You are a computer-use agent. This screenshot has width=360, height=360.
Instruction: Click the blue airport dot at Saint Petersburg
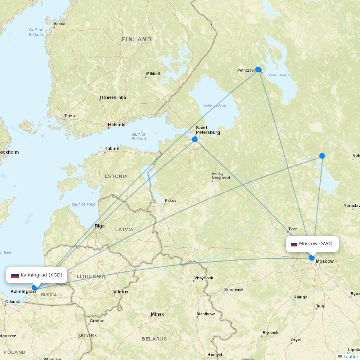pos(195,139)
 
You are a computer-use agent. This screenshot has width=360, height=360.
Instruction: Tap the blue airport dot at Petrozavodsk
pos(258,69)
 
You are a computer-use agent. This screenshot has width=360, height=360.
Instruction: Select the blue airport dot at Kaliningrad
pos(35,288)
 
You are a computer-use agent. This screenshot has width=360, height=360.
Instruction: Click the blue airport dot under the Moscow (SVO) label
pos(312,258)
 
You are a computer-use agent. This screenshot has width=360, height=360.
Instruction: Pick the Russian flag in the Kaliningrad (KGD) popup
pos(15,275)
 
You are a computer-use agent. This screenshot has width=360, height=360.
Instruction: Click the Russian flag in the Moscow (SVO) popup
pos(294,244)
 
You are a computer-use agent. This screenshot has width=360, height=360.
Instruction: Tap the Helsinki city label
pos(117,125)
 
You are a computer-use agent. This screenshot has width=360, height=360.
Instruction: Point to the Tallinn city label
pos(112,148)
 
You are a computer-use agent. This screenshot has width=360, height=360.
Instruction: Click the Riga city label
pos(100,226)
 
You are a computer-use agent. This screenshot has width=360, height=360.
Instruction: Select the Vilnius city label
pos(121,292)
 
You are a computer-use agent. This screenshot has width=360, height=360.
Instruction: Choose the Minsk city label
pos(157,314)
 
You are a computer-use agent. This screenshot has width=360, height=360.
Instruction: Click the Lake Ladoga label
pos(215,105)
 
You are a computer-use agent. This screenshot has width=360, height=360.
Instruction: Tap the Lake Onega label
pos(279,75)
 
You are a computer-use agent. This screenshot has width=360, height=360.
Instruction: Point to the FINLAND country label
pos(136,39)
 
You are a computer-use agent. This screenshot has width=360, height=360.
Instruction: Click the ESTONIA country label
pos(116,176)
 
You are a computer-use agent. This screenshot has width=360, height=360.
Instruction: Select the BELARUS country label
pos(154,339)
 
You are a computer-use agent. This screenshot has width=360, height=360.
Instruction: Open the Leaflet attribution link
pos(350,356)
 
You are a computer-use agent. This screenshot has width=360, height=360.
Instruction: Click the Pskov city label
pos(170,201)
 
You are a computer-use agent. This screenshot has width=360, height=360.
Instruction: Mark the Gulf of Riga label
pos(84,204)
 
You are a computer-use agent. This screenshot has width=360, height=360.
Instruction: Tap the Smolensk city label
pos(234,289)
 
